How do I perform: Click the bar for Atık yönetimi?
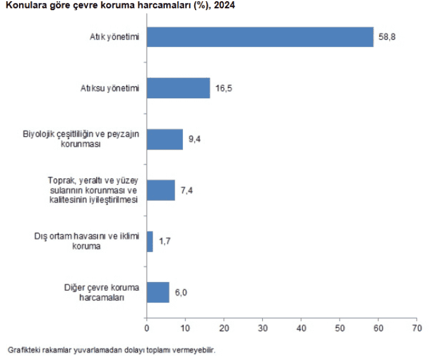pos(260,37)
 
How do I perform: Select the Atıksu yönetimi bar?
pos(178,88)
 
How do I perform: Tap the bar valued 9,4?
pos(164,139)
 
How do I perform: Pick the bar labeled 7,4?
pos(161,190)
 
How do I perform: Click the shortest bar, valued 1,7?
pos(150,241)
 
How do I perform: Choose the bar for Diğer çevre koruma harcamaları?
pos(158,292)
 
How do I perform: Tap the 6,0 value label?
pos(181,292)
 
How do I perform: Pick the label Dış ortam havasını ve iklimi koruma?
pos(87,241)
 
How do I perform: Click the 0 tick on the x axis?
pos(147,328)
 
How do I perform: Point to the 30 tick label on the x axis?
pos(263,328)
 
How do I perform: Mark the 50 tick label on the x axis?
pos(340,328)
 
